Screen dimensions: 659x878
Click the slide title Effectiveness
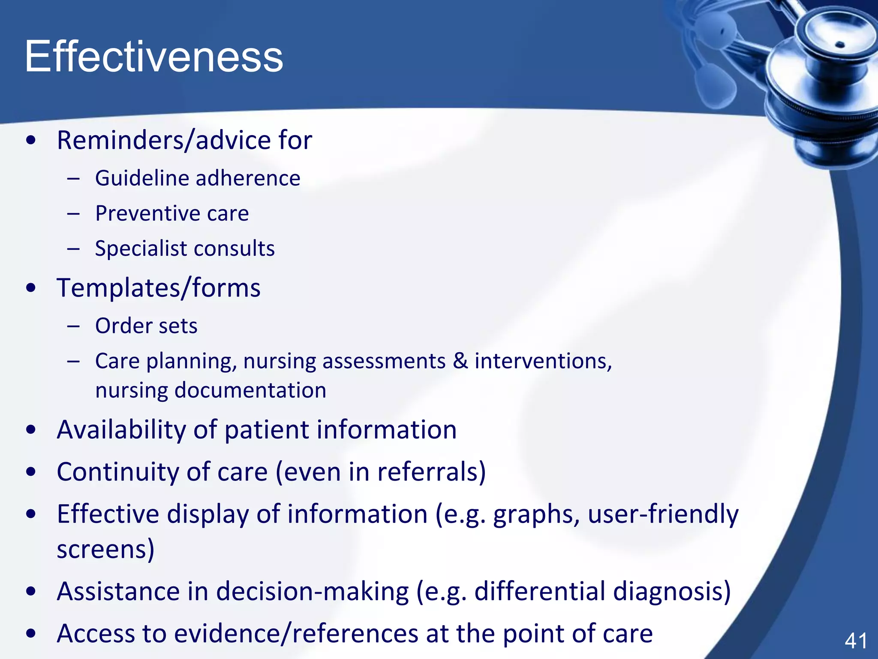tap(153, 57)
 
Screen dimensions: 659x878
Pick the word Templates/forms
tap(158, 288)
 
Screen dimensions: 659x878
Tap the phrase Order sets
tap(146, 326)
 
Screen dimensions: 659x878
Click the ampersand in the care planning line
tap(460, 361)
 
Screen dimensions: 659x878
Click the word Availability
tap(121, 430)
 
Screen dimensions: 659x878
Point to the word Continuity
tap(117, 472)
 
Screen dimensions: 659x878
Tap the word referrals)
tap(431, 472)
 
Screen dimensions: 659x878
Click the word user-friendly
tap(663, 514)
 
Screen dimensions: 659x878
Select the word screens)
tap(105, 550)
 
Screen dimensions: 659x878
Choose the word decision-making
tap(312, 591)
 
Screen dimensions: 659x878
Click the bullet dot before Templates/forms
tap(31, 288)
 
